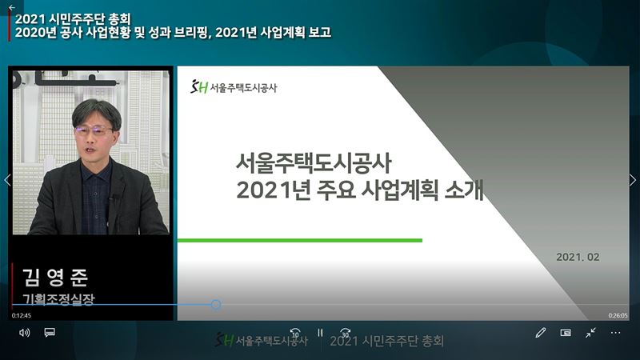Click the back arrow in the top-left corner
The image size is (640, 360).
pos(12,7)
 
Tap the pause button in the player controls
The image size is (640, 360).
pos(321,333)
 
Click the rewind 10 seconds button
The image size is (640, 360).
pos(295,333)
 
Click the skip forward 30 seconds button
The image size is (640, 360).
pos(346,333)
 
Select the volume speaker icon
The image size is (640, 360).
pos(25,333)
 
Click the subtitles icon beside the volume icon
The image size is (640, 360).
pos(50,332)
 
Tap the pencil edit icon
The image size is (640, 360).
pos(541,333)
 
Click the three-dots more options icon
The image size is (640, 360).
pos(615,333)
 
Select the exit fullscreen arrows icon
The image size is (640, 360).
pos(590,333)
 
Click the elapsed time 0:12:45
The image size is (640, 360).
pos(22,315)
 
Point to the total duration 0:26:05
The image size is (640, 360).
pos(618,315)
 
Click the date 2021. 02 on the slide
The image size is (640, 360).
pos(578,257)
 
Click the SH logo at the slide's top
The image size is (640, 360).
pos(199,87)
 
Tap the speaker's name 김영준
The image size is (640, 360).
pos(55,278)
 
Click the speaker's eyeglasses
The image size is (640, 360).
pos(94,131)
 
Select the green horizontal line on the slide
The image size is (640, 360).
pos(300,241)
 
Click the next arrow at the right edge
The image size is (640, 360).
pos(633,180)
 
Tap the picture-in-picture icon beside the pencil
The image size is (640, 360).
pos(566,333)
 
